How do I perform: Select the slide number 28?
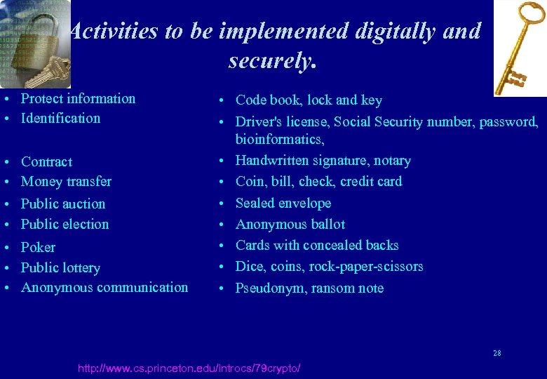(x=497, y=353)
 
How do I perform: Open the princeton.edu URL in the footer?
(x=189, y=368)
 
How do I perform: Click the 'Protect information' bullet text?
(x=78, y=99)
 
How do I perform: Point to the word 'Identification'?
(x=60, y=119)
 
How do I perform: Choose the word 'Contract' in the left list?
(x=46, y=162)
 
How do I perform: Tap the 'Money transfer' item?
(x=66, y=182)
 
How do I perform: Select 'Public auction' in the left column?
(x=63, y=204)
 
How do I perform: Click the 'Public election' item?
(x=65, y=225)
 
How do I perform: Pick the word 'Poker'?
(x=38, y=248)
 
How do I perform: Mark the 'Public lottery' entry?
(x=60, y=268)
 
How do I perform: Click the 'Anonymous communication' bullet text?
(x=104, y=288)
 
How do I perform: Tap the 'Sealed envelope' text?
(x=283, y=204)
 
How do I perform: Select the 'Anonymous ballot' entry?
(x=290, y=225)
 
